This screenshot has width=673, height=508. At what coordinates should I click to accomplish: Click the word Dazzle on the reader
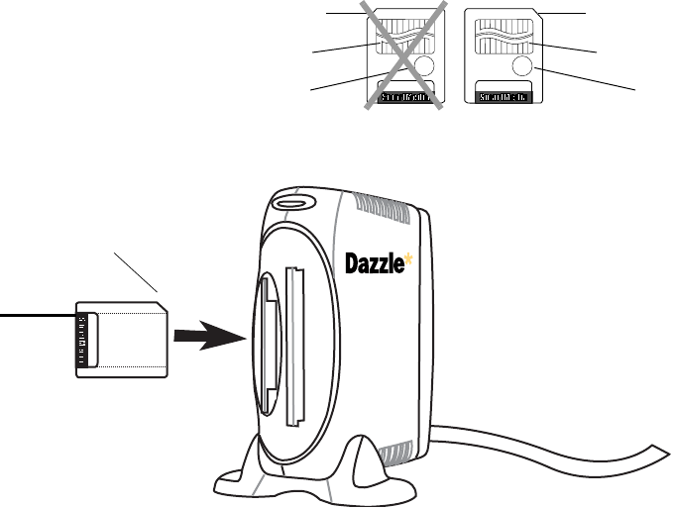point(376,264)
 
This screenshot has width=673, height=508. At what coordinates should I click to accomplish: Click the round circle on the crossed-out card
point(423,67)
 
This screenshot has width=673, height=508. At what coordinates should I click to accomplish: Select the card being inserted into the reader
point(124,338)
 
